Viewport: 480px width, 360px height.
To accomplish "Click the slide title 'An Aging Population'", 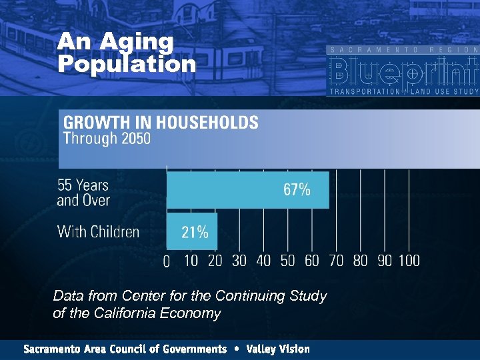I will [126, 53].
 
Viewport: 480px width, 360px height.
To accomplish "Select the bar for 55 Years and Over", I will [247, 190].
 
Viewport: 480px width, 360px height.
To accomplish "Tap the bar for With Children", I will [191, 231].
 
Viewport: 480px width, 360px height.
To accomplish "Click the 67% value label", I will [297, 190].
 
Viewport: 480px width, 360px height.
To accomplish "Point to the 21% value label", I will [195, 232].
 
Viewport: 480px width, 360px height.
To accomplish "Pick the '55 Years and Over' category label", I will [83, 192].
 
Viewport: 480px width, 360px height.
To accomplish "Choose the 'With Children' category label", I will [98, 232].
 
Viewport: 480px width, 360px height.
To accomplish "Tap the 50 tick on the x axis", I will [287, 261].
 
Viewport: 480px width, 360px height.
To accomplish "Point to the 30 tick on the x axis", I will [239, 261].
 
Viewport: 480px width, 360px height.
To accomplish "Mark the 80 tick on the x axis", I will [360, 261].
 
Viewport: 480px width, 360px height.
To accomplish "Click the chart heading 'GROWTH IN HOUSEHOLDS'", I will [161, 123].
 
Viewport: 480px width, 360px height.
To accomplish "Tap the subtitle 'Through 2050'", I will [107, 139].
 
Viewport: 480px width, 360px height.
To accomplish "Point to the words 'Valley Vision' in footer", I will [277, 349].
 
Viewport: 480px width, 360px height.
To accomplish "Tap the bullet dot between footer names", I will [237, 349].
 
